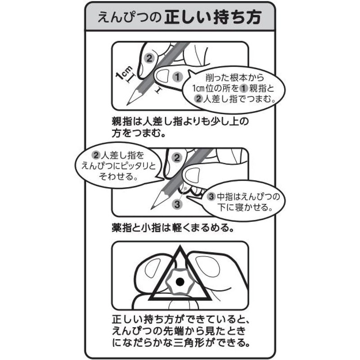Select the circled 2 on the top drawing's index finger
point(150,58)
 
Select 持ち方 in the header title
point(243,18)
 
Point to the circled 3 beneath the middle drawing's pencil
point(177,205)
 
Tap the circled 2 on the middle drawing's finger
point(177,157)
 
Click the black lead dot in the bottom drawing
point(180,282)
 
